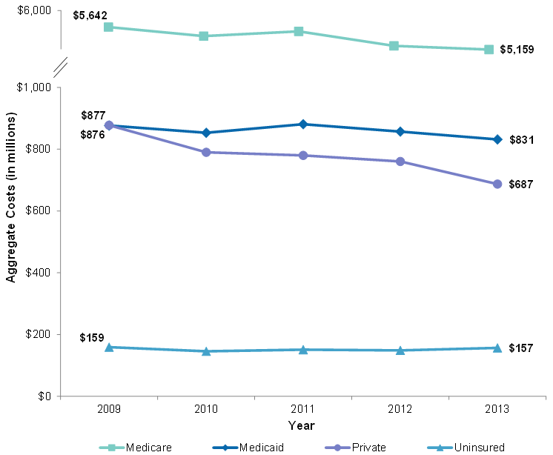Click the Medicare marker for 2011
[x=298, y=31]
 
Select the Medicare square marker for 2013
[x=489, y=50]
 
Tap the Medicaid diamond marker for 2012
[x=400, y=131]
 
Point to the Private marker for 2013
[x=497, y=184]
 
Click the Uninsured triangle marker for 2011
[x=302, y=349]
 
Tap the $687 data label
[x=521, y=184]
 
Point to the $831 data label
[x=521, y=139]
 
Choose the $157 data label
[x=521, y=348]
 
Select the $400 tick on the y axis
[x=36, y=273]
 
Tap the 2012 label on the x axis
[x=400, y=410]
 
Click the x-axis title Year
[x=302, y=425]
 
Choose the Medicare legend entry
[x=134, y=447]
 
